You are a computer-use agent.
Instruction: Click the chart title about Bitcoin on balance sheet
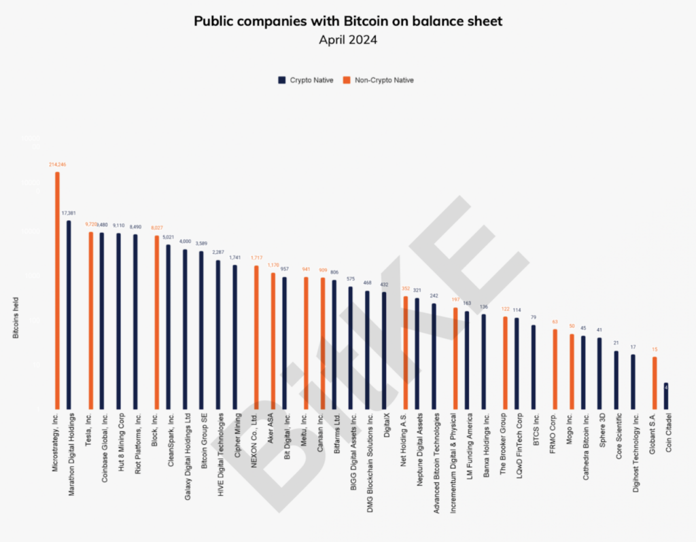(x=348, y=21)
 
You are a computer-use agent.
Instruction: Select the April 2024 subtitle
(x=348, y=40)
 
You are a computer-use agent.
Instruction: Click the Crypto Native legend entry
(x=307, y=80)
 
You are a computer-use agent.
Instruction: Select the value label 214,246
(x=57, y=164)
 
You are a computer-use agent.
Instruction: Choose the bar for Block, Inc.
(x=156, y=323)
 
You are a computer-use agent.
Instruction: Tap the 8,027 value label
(x=156, y=228)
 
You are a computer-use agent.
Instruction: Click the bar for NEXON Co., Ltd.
(x=256, y=337)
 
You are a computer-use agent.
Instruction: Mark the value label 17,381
(x=69, y=213)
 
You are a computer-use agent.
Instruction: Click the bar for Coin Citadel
(x=666, y=396)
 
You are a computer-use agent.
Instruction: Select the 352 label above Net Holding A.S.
(x=405, y=289)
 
